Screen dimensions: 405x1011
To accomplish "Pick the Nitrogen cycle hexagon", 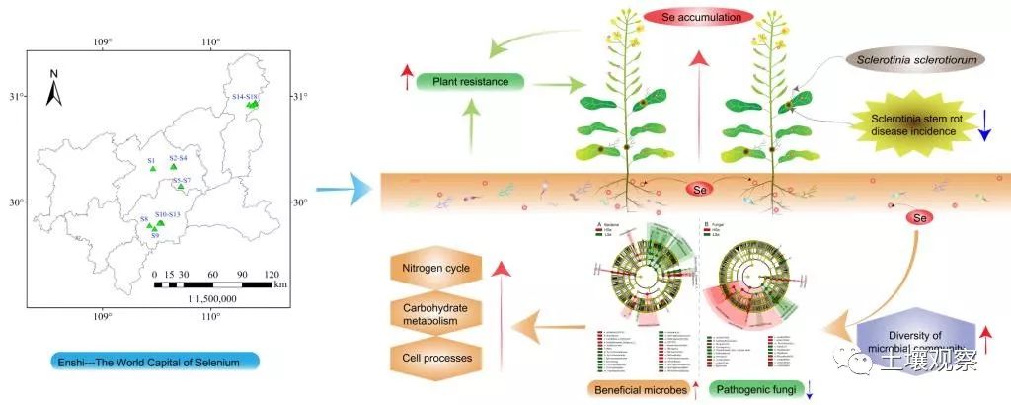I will click(436, 269).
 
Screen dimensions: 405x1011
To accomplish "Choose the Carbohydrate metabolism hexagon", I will click(436, 312).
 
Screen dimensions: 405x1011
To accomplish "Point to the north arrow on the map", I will click(55, 89).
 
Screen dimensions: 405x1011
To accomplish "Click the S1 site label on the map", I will click(152, 160).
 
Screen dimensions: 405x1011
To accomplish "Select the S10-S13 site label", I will click(167, 214).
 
